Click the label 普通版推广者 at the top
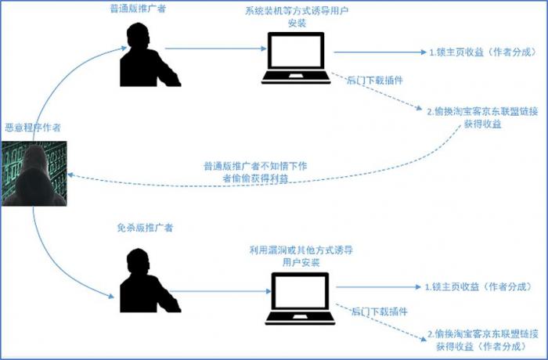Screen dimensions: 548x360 pyautogui.click(x=138, y=9)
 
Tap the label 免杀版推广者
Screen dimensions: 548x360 pyautogui.click(x=145, y=228)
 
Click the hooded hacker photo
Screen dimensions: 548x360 pyautogui.click(x=34, y=174)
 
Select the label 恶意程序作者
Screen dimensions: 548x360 pyautogui.click(x=33, y=128)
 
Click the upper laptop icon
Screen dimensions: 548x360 pyautogui.click(x=296, y=58)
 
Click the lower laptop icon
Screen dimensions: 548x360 pyautogui.click(x=300, y=298)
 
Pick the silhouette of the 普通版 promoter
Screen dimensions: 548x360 pyautogui.click(x=150, y=55)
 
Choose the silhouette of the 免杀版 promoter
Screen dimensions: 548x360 pyautogui.click(x=150, y=281)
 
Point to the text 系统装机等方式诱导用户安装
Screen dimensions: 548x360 pyautogui.click(x=297, y=16)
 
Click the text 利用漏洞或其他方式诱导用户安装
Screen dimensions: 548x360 pyautogui.click(x=301, y=256)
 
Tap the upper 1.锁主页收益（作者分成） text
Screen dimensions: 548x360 pyautogui.click(x=483, y=52)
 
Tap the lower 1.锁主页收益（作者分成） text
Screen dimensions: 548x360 pyautogui.click(x=478, y=287)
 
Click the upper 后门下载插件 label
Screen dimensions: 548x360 pyautogui.click(x=375, y=81)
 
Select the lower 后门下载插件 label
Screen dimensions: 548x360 pyautogui.click(x=379, y=311)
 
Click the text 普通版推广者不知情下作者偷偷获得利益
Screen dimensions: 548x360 pyautogui.click(x=255, y=172)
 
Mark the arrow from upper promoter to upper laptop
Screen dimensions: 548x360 pyautogui.click(x=215, y=49)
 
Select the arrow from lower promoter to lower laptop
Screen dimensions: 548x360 pyautogui.click(x=220, y=291)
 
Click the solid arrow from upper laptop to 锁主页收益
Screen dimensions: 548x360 pyautogui.click(x=380, y=52)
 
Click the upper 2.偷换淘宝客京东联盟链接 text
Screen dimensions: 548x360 pyautogui.click(x=483, y=112)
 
